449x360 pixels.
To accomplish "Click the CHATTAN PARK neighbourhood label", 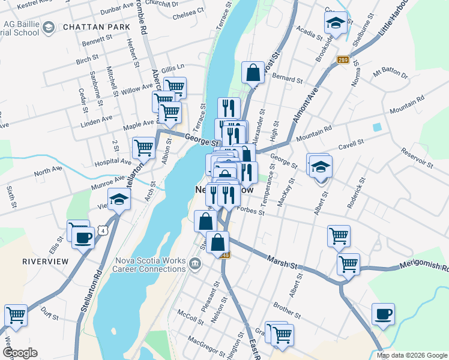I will coord(91,27).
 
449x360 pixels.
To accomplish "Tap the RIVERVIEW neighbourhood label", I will coord(45,262).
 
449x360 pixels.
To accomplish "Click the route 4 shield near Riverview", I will coord(104,230).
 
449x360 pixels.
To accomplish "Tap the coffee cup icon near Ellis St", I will coord(83,237).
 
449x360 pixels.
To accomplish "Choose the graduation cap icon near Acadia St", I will coord(336,23).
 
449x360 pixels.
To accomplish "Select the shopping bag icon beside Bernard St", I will coord(253,73).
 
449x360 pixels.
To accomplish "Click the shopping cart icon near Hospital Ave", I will coord(143,146).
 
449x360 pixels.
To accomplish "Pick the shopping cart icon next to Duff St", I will coord(16,314).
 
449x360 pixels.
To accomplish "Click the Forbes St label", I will coord(251,209).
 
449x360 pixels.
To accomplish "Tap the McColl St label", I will coord(191,316).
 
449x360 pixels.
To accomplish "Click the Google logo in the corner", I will coord(20,353).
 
